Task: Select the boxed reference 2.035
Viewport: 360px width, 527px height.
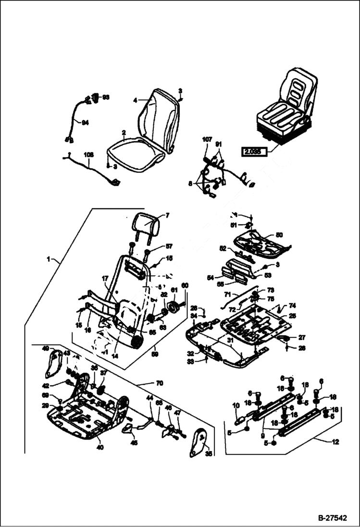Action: point(253,153)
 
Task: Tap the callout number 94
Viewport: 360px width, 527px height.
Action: point(85,123)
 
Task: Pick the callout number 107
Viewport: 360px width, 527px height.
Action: point(207,140)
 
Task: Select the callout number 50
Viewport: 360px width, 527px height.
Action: point(279,235)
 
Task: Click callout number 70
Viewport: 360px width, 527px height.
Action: point(159,383)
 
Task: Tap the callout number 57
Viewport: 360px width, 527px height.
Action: point(169,246)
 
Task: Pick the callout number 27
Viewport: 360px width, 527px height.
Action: point(301,337)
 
